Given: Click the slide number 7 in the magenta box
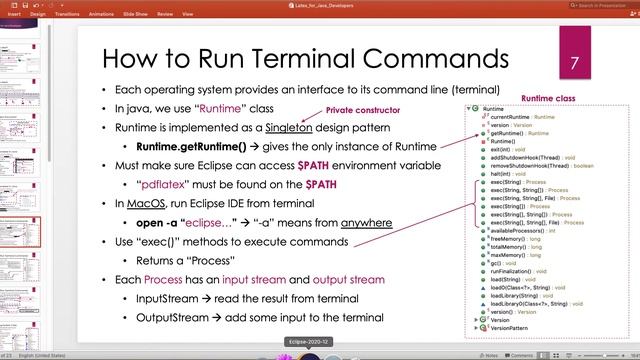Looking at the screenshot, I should [x=575, y=62].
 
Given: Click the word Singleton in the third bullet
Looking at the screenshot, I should [x=294, y=129].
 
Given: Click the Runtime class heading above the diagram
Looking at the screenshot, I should [x=549, y=98].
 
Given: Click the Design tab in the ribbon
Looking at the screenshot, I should [x=38, y=15].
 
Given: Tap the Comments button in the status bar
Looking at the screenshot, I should [x=518, y=354].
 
